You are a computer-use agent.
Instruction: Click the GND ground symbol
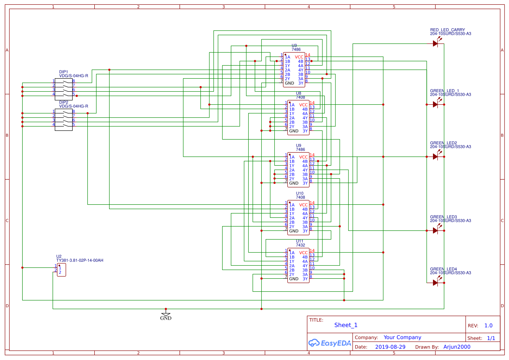tap(166, 314)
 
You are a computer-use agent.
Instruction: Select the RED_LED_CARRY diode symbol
tap(435, 43)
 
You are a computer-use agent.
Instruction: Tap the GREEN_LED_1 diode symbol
tap(435, 104)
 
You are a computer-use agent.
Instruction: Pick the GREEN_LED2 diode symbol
tap(435, 157)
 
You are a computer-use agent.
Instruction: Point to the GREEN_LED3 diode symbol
tap(435, 230)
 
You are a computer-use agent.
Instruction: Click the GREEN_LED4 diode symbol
tap(435, 283)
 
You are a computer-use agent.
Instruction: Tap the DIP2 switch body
tap(63, 118)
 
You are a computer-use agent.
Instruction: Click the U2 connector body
tap(62, 269)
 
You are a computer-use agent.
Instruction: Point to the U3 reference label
tap(294, 45)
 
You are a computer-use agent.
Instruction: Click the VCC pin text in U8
tap(303, 105)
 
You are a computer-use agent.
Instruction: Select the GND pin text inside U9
tap(294, 183)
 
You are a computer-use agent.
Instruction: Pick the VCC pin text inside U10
tap(303, 205)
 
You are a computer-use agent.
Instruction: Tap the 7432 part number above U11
tap(300, 245)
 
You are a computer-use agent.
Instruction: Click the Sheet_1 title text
tap(346, 325)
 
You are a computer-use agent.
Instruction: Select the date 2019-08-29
tap(390, 347)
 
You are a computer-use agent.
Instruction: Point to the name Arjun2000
tap(457, 347)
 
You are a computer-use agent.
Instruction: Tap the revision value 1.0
tap(488, 326)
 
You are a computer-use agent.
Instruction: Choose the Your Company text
tap(402, 337)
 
